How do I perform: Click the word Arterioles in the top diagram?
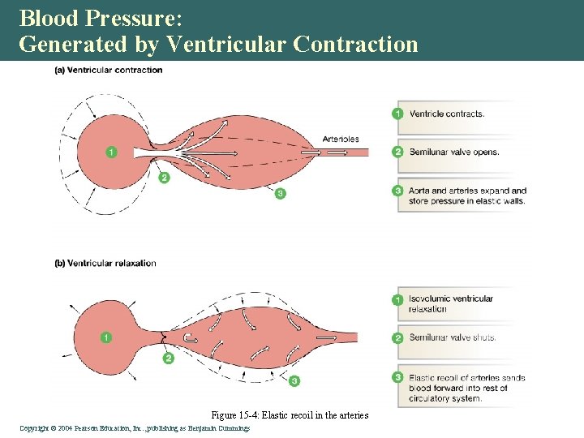341,139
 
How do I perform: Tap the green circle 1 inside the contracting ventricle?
111,152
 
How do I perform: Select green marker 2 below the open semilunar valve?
165,178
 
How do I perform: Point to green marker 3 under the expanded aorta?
280,193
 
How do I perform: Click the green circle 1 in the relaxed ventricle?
106,337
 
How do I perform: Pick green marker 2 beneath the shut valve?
168,357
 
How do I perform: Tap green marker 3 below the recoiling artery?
294,380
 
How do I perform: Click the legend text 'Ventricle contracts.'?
447,114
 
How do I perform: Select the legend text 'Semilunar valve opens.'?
454,152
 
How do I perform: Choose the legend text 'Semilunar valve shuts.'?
453,337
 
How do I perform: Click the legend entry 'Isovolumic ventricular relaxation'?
451,303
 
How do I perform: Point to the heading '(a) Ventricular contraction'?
108,70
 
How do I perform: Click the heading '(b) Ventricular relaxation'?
105,263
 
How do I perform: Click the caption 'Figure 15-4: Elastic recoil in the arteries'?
290,415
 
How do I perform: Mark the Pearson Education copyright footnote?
135,427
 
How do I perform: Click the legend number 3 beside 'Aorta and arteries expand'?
397,191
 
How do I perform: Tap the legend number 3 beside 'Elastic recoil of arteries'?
397,377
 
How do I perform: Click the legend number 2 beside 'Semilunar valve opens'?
397,152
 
